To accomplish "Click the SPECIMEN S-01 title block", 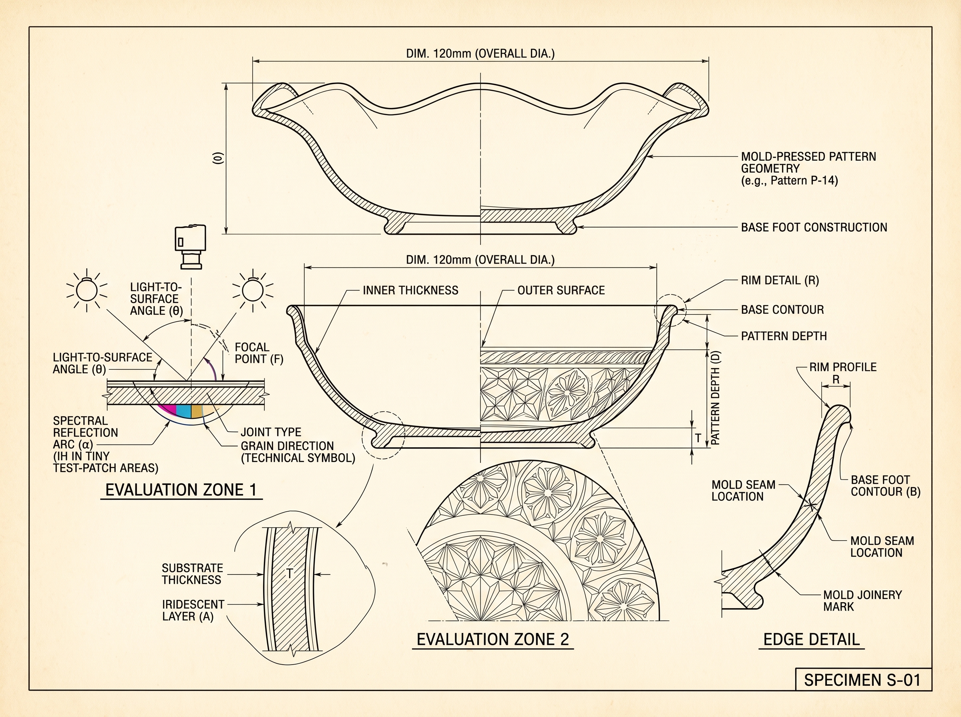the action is tap(863, 679).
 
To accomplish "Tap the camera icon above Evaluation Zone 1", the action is tap(190, 246).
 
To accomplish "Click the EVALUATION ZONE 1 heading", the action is tap(181, 490).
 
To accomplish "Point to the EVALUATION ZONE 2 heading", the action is tap(493, 639).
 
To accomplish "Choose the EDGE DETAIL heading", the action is tap(812, 639).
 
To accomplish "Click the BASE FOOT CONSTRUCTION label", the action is tap(814, 227).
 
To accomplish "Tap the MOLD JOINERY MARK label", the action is tap(862, 601).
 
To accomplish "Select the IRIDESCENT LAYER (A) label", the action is tap(193, 610).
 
